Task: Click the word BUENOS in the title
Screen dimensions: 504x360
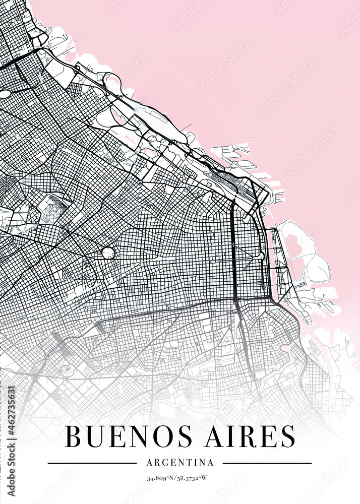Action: (126, 436)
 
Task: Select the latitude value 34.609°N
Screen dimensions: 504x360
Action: (161, 478)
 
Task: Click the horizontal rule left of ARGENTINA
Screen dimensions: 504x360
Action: (92, 463)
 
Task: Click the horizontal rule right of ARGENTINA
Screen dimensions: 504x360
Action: (267, 463)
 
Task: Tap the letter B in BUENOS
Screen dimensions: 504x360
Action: (74, 436)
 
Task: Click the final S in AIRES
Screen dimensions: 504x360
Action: (287, 436)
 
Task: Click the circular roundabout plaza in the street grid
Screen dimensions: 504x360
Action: (108, 252)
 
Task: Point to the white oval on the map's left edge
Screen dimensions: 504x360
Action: (5, 94)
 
